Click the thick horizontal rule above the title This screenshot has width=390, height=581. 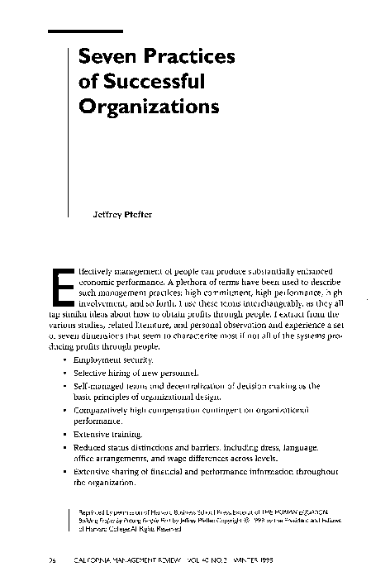(x=85, y=31)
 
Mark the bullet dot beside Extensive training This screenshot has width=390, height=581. (x=65, y=433)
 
